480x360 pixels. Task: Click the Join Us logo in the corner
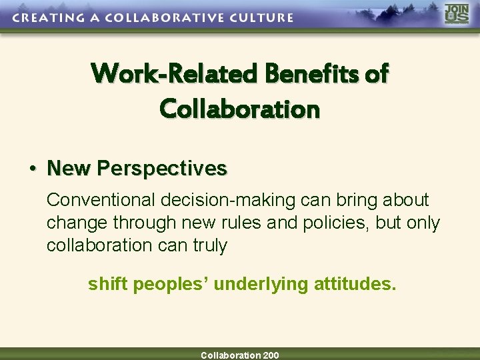point(457,14)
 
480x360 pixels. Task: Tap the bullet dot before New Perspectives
point(32,169)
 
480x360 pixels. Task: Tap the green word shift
point(108,285)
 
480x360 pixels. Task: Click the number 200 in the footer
point(271,355)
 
